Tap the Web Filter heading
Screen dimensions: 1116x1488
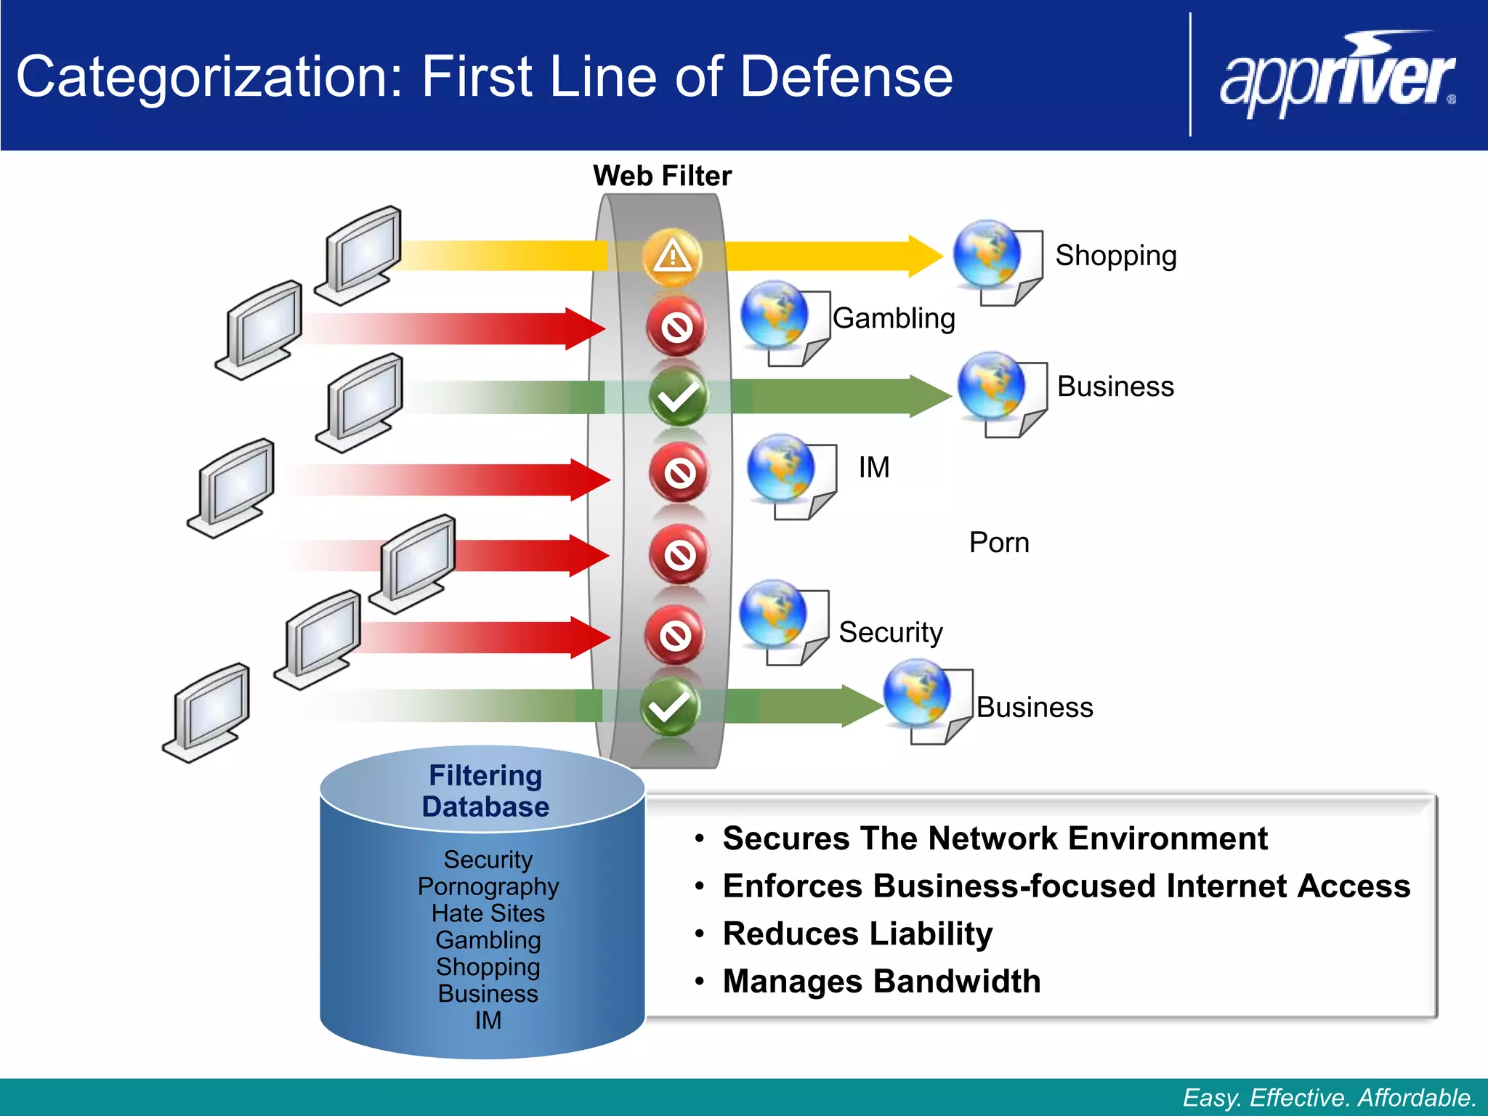tap(662, 176)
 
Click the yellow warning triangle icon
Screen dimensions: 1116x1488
tap(673, 256)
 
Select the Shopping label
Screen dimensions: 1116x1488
tap(1115, 256)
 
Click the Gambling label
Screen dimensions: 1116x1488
tap(894, 318)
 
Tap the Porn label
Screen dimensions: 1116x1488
tap(999, 543)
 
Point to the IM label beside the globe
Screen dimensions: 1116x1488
tap(873, 467)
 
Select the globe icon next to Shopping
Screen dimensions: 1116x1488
tap(987, 254)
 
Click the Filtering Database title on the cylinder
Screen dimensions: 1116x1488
tap(485, 791)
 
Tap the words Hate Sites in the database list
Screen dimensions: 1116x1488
tap(488, 913)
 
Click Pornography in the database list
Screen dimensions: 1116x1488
tap(488, 886)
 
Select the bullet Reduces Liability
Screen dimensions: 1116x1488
tap(857, 934)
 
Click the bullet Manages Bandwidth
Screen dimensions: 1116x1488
tap(881, 982)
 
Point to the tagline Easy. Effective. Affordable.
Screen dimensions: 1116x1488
tap(1329, 1097)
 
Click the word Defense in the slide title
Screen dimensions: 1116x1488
tap(846, 76)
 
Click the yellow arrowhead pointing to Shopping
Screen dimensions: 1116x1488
tap(925, 256)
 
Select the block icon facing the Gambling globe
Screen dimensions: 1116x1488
tap(676, 327)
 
